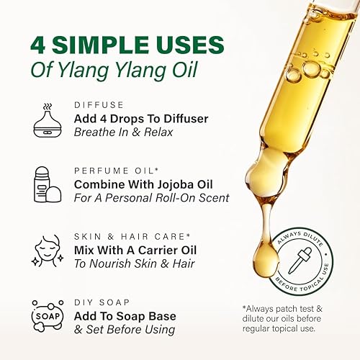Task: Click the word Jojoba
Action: click(176, 184)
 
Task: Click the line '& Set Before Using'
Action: click(125, 329)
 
